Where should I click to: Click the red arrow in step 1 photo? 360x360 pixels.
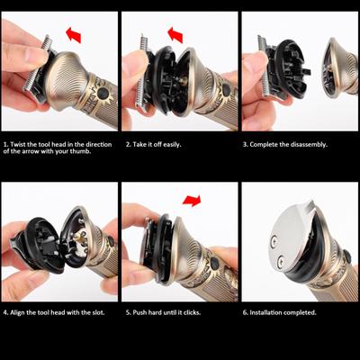(74, 35)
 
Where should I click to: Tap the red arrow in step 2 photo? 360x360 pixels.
(175, 34)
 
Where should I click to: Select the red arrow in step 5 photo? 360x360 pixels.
(192, 201)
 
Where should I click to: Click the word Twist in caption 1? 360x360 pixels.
(18, 144)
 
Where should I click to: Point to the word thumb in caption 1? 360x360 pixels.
(79, 151)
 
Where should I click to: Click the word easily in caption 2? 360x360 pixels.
(172, 145)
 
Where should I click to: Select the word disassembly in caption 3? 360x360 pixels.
(308, 145)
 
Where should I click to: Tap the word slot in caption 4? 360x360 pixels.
(98, 312)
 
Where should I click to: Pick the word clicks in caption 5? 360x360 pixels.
(192, 312)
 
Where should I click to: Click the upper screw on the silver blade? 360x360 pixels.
(274, 242)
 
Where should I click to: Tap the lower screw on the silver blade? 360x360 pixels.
(281, 260)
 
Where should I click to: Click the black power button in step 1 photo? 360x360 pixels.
(103, 93)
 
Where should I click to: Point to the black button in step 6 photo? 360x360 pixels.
(347, 256)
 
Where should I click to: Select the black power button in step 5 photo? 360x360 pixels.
(215, 263)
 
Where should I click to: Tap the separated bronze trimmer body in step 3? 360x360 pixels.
(339, 68)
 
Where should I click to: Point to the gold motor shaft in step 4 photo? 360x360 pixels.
(77, 238)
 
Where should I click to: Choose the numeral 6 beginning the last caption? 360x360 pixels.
(245, 312)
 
